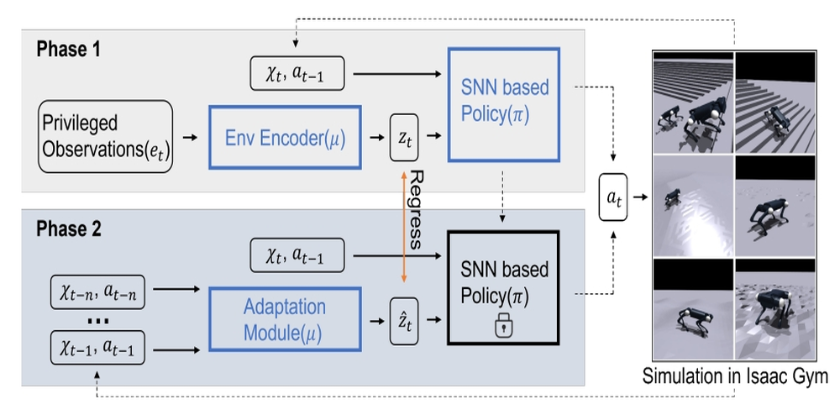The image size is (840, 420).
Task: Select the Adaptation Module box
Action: pyautogui.click(x=285, y=318)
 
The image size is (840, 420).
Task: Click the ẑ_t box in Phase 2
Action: pyautogui.click(x=407, y=318)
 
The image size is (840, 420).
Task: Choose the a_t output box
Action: pyautogui.click(x=613, y=198)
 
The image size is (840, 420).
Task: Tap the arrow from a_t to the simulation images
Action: pyautogui.click(x=642, y=198)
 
